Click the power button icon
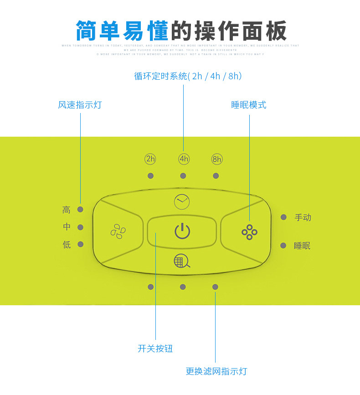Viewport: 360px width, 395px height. [x=182, y=231]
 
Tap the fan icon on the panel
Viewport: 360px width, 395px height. [x=118, y=231]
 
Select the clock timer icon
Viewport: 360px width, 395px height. [x=182, y=201]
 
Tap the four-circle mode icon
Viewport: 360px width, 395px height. [x=249, y=232]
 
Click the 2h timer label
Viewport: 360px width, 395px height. [x=150, y=159]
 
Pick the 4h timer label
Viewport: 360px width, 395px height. [x=184, y=159]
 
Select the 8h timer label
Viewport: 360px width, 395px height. [x=217, y=159]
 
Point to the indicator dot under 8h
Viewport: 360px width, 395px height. [x=216, y=176]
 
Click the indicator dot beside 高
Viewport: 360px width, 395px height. [x=81, y=209]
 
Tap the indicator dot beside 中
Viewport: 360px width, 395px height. [x=81, y=227]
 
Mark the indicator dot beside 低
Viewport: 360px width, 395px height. [x=81, y=244]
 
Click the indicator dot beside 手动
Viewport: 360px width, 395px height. [x=283, y=217]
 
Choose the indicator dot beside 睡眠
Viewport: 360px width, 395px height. [x=283, y=246]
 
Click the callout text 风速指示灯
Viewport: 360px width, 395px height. [x=80, y=105]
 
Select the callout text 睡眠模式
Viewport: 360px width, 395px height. [x=249, y=105]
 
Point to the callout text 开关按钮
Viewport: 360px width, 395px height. [x=155, y=349]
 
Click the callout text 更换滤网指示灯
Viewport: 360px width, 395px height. [x=216, y=371]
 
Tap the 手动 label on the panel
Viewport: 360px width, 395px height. [x=303, y=217]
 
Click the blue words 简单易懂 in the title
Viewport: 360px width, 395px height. [x=122, y=31]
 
